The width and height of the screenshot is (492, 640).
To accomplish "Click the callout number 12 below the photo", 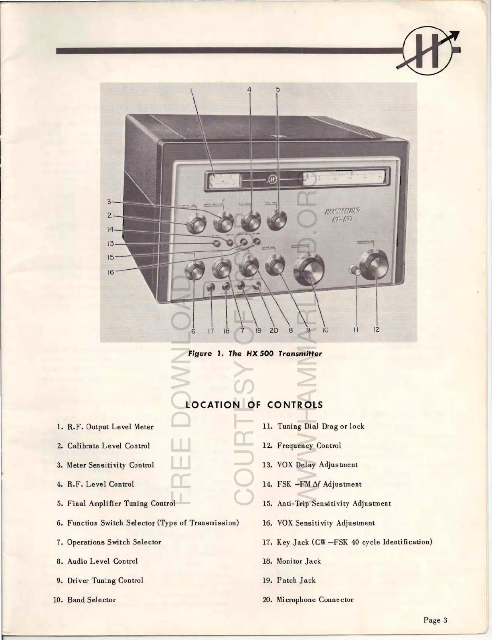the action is (x=376, y=330).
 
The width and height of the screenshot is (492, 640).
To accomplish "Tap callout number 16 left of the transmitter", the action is (x=111, y=272).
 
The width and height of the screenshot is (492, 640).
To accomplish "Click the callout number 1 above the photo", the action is (x=191, y=90).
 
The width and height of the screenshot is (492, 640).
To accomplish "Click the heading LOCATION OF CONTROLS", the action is (x=254, y=405).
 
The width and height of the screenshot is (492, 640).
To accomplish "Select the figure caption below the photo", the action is (x=255, y=354).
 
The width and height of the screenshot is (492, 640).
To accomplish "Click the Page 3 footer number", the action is (x=435, y=620).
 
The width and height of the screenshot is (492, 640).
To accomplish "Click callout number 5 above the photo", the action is (x=277, y=90).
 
